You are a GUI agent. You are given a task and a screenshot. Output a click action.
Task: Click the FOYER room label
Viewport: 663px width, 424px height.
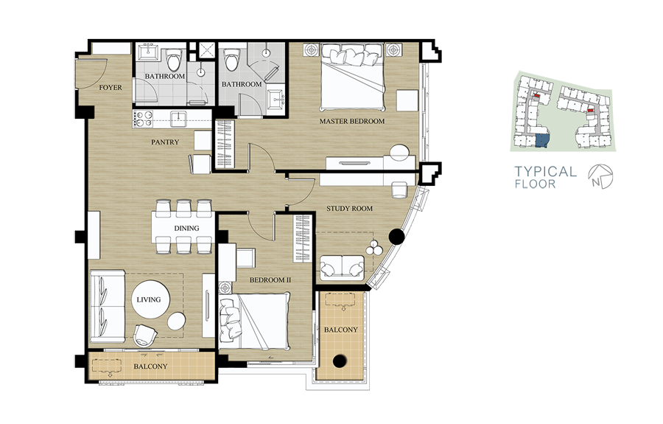tap(110, 88)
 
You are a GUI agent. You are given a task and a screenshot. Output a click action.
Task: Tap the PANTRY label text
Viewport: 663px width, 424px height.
tap(165, 142)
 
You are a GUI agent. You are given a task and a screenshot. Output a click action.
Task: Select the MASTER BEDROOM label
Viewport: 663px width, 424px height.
tap(352, 121)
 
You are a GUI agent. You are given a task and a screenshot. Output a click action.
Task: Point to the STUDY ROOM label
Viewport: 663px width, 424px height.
tap(349, 208)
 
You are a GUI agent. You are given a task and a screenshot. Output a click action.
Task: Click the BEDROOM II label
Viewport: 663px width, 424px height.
tap(270, 279)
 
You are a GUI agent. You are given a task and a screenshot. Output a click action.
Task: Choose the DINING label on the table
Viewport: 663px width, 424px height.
tap(186, 228)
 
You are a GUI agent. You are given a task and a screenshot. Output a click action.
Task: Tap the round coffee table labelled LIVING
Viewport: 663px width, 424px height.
tap(150, 299)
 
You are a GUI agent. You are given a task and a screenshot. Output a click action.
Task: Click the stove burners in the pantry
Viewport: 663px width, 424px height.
tap(143, 119)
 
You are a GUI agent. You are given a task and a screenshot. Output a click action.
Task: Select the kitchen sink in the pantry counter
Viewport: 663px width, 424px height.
tap(178, 119)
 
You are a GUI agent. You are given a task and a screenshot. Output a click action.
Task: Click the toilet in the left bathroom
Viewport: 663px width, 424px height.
tap(174, 60)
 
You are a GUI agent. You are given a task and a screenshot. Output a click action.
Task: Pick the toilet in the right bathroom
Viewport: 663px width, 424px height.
tap(231, 60)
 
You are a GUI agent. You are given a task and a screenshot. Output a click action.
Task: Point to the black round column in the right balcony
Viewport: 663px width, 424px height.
tap(340, 361)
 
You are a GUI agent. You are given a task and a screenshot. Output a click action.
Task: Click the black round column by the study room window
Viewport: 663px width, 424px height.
tap(396, 237)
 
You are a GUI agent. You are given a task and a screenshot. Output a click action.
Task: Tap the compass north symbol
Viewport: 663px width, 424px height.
tap(600, 176)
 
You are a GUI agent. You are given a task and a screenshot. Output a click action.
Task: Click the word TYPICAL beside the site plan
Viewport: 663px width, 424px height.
tap(545, 171)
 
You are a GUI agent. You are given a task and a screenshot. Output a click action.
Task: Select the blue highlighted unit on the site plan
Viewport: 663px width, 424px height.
tap(542, 141)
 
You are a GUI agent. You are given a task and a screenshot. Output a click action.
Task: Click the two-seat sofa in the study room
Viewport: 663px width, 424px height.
tap(342, 268)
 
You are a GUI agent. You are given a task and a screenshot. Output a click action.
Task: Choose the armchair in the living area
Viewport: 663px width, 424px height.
tap(145, 335)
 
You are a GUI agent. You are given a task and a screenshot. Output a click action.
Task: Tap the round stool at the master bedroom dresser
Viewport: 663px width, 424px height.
tap(399, 153)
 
